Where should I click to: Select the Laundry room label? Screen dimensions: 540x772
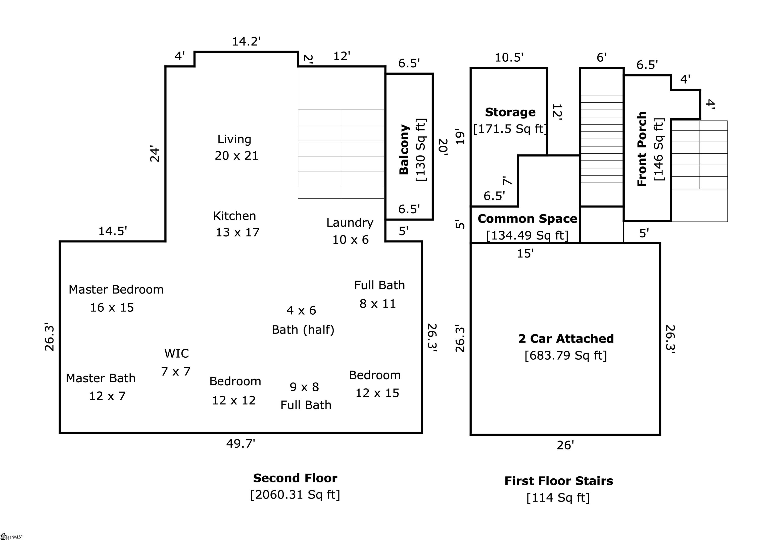tap(350, 223)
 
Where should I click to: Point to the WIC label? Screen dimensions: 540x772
tap(176, 354)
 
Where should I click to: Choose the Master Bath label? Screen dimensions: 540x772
tap(101, 379)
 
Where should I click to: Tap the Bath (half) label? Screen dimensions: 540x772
tap(303, 330)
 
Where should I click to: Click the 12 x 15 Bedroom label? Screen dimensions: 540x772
tap(375, 376)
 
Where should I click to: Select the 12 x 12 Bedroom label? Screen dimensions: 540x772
tap(235, 382)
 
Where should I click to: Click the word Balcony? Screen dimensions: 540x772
tap(404, 150)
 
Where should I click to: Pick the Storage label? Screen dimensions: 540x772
tap(510, 112)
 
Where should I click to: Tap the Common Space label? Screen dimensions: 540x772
tap(527, 219)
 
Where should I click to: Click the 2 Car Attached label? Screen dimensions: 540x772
tap(566, 339)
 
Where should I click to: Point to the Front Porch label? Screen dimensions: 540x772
tap(642, 149)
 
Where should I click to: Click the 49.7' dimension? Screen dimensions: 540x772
tap(240, 444)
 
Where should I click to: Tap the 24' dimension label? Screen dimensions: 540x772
tap(154, 154)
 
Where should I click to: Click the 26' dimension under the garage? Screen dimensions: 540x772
tap(565, 445)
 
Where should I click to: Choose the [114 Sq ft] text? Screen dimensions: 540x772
tap(558, 497)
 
